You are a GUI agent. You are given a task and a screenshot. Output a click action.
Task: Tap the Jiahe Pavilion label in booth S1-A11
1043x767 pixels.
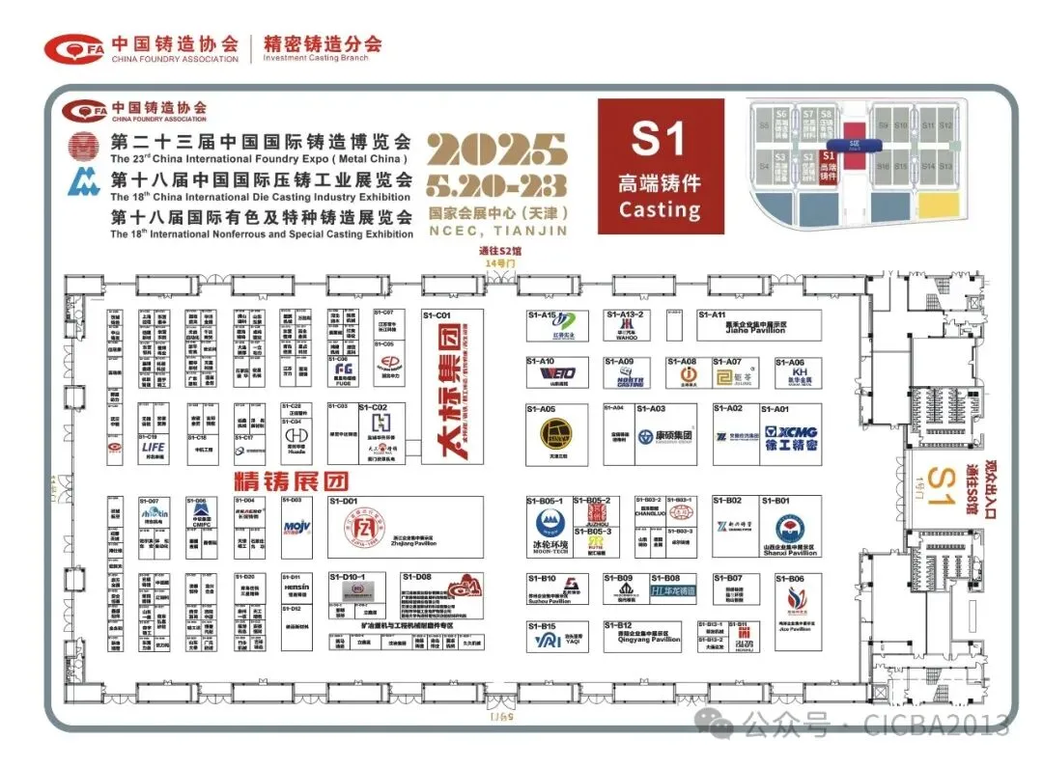(x=754, y=329)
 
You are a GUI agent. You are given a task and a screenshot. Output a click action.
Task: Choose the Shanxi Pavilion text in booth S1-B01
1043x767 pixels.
(x=790, y=553)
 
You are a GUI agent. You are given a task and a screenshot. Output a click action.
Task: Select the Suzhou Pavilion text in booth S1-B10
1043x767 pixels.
(x=549, y=600)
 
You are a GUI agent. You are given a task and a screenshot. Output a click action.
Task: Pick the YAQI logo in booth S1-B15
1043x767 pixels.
(x=546, y=638)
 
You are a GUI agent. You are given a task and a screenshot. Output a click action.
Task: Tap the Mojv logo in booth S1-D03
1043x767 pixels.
(x=296, y=526)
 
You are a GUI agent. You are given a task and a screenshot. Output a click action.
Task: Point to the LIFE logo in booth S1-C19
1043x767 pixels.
(x=153, y=448)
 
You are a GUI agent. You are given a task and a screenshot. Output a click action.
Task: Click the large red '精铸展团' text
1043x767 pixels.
(x=279, y=479)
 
